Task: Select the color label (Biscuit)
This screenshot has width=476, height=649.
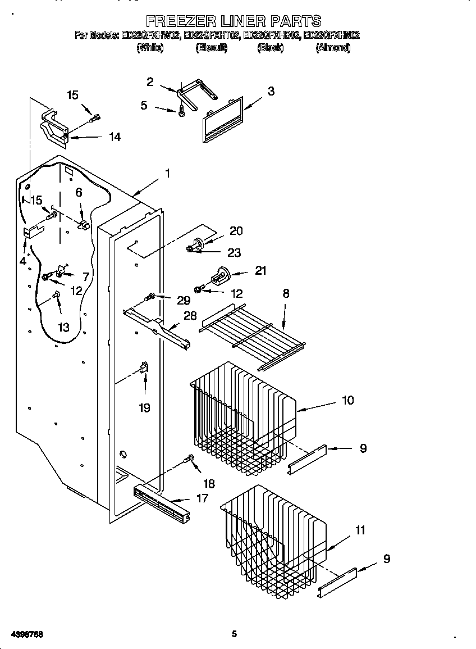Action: (x=211, y=48)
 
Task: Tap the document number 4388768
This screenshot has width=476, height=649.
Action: (x=26, y=634)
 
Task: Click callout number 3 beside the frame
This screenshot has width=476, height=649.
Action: (x=271, y=91)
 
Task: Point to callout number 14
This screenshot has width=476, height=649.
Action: (x=115, y=137)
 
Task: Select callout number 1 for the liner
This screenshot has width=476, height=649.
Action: (x=167, y=174)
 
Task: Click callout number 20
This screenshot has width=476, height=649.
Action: (x=236, y=231)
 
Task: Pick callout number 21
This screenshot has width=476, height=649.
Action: (x=260, y=271)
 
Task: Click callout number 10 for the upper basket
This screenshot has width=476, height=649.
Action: (x=347, y=400)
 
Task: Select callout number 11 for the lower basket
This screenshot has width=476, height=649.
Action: (x=360, y=530)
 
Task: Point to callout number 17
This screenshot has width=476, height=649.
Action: (x=202, y=498)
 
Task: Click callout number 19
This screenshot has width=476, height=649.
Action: (x=144, y=407)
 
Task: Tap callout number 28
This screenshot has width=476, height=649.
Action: (x=191, y=316)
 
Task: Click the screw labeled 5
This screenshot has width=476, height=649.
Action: (x=182, y=111)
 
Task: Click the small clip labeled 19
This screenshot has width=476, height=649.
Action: (x=143, y=369)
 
